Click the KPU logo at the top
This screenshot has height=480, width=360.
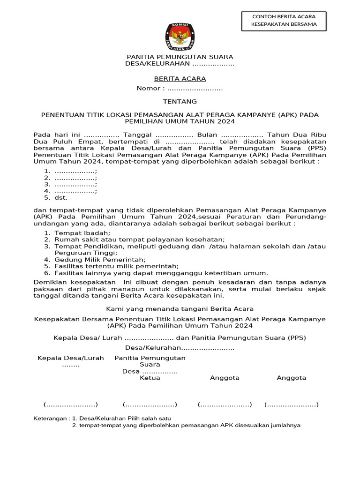tap(180, 37)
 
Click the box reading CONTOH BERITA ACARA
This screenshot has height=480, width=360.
tap(284, 21)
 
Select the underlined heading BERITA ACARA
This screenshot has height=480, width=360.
tap(180, 79)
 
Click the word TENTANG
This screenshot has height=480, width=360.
tap(180, 101)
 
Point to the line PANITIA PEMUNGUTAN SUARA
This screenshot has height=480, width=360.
tap(180, 57)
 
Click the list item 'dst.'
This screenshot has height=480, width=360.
tap(61, 198)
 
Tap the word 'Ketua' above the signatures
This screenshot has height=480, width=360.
tap(150, 378)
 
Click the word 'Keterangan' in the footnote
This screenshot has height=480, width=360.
tap(51, 418)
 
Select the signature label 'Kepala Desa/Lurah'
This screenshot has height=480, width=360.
tap(71, 358)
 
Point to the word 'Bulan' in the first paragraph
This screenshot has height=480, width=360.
tap(207, 135)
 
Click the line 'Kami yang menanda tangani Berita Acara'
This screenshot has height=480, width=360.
tap(180, 308)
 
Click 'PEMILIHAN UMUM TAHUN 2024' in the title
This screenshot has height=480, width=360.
tap(180, 121)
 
